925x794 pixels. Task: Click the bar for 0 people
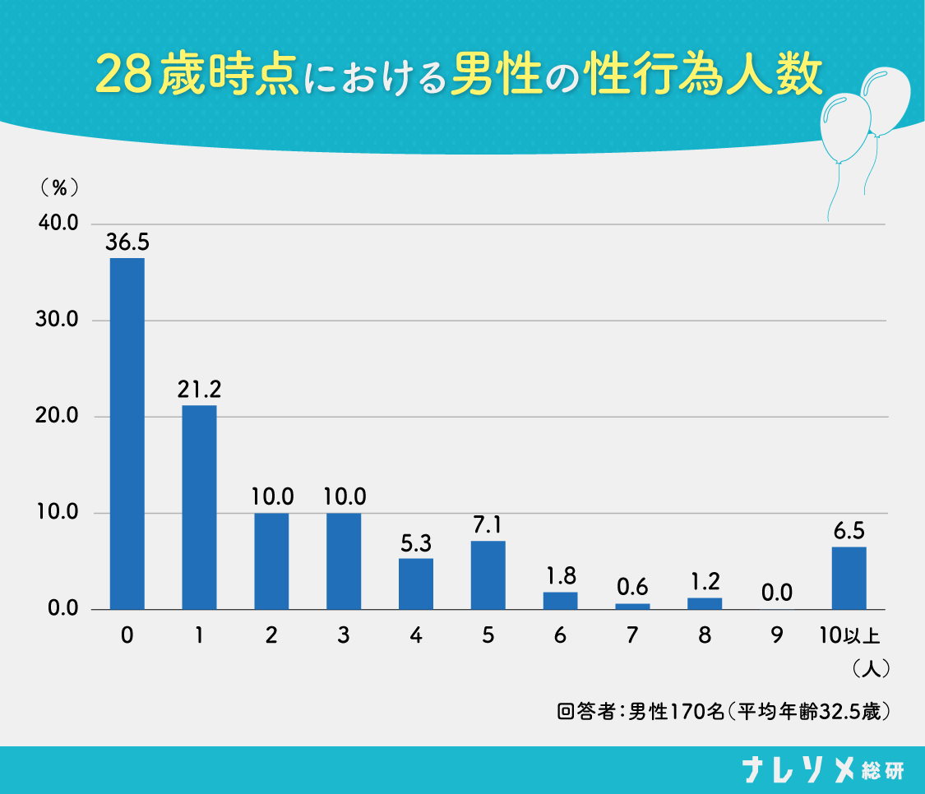click(x=127, y=434)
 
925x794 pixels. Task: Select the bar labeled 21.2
click(x=199, y=507)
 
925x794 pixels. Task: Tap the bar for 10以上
click(x=849, y=578)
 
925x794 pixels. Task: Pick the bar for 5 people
click(x=488, y=575)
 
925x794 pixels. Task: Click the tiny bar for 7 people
click(x=632, y=606)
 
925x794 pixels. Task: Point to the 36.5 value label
click(x=127, y=243)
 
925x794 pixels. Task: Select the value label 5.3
click(x=416, y=543)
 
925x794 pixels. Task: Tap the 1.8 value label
click(x=561, y=576)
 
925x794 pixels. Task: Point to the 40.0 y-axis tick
click(x=57, y=224)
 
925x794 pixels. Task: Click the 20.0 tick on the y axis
click(x=57, y=417)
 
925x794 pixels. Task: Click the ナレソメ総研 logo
click(x=822, y=770)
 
